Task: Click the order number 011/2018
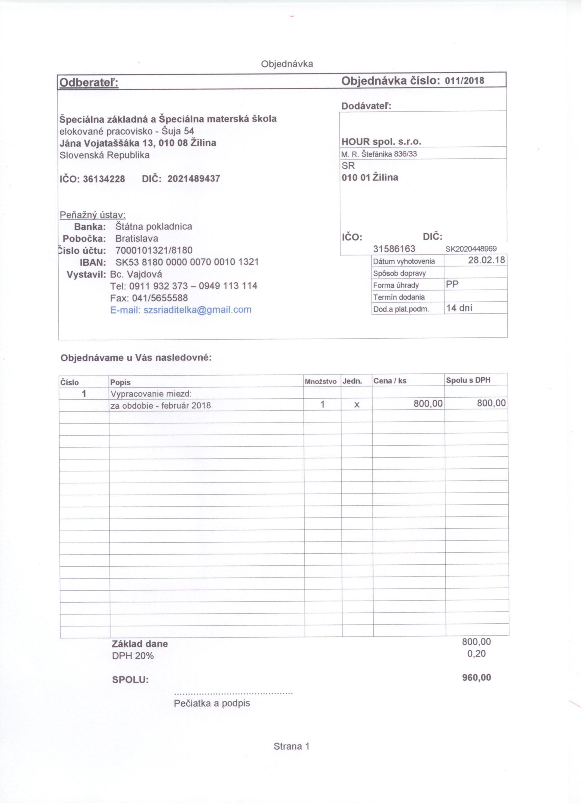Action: pos(464,81)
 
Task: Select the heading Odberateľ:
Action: pos(89,83)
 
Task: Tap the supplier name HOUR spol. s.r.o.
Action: pos(381,142)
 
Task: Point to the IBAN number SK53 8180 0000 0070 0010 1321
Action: pos(187,262)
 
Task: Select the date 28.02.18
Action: pos(486,260)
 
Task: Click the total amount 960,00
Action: pos(476,678)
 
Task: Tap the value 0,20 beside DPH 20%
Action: pos(476,654)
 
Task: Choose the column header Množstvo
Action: pos(320,382)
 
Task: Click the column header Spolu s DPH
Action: pos(468,380)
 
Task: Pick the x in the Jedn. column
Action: pos(357,405)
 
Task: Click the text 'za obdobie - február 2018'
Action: pos(161,406)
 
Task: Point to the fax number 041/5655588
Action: pos(160,298)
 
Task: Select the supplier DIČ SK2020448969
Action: pos(471,249)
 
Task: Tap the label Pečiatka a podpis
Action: pos(212,703)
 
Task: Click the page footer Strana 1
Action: pos(291,747)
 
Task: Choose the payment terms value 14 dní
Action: pos(459,308)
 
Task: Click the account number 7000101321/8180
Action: pos(154,251)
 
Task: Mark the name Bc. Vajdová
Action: pos(136,274)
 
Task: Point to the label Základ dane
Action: pos(139,644)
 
